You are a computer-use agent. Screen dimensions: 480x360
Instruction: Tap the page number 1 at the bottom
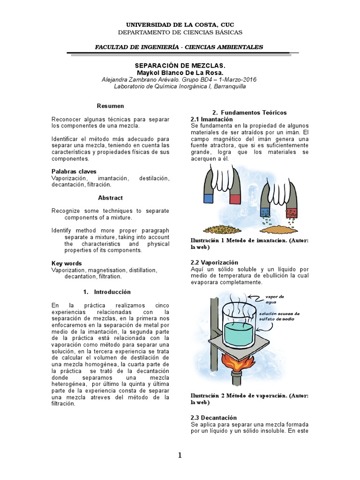coord(180,455)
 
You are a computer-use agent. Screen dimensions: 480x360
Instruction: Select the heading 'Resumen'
coord(110,106)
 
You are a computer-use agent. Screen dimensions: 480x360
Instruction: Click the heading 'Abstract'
coord(110,198)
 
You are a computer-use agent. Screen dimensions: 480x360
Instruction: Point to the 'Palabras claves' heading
coord(74,172)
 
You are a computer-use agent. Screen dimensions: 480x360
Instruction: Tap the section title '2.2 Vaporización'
coord(214,262)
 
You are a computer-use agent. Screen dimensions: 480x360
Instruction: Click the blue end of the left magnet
coord(209,199)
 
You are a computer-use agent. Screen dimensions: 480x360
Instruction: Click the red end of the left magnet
coord(234,199)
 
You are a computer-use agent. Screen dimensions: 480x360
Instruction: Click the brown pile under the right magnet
coord(280,230)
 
